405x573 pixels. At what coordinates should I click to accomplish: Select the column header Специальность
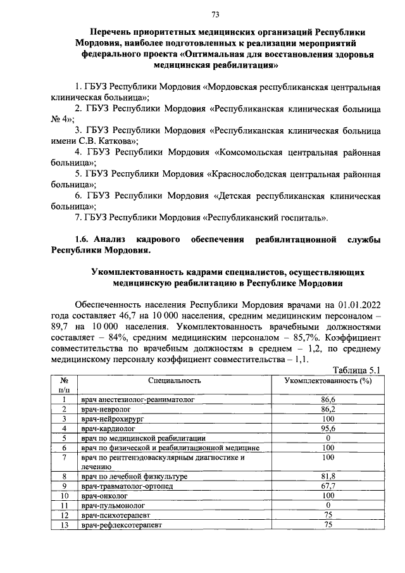point(175,381)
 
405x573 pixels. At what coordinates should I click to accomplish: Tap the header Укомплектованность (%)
point(327,381)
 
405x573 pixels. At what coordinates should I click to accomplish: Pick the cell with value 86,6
point(327,400)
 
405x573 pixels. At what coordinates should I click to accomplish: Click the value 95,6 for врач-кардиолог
point(327,428)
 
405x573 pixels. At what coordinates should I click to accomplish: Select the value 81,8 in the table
point(327,477)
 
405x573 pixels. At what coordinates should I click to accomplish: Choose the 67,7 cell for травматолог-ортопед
point(327,486)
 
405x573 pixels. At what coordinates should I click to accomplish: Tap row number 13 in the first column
point(64,524)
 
